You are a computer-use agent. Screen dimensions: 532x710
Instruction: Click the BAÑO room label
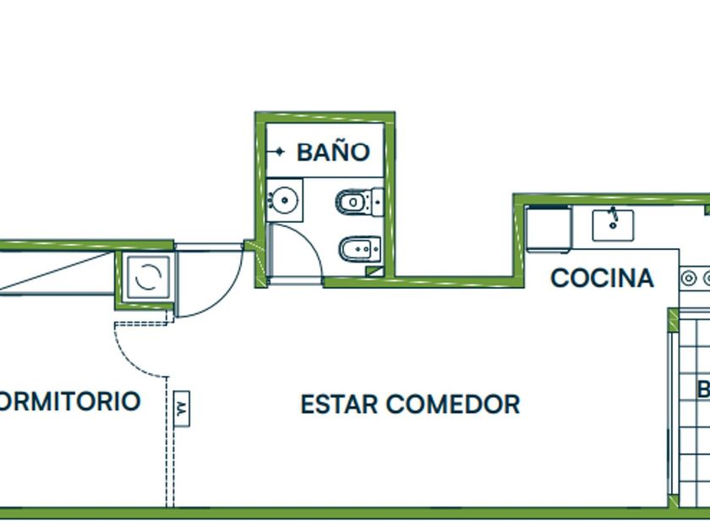[x=333, y=153]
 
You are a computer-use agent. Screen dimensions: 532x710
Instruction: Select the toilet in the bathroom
[x=358, y=202]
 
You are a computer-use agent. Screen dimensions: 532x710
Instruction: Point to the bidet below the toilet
[x=358, y=249]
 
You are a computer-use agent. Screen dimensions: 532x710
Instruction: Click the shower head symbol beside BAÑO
[x=278, y=153]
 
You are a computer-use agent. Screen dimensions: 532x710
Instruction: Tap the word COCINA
[x=602, y=279]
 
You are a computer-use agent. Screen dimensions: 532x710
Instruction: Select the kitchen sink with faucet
[x=614, y=224]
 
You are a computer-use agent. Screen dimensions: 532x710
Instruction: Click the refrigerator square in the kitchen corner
[x=548, y=229]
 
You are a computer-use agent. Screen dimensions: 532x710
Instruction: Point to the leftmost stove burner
[x=690, y=277]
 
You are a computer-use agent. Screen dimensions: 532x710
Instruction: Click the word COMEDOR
[x=453, y=404]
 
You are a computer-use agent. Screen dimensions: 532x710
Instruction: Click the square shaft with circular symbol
[x=147, y=278]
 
